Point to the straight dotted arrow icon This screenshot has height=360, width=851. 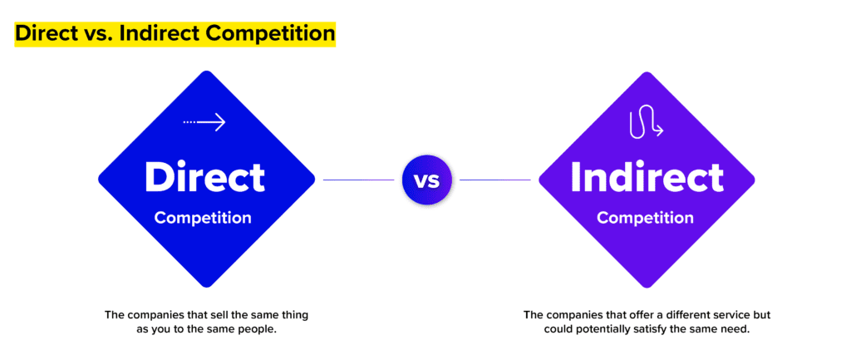click(205, 122)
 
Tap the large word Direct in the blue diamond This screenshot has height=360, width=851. click(204, 177)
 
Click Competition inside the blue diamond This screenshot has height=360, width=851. click(203, 218)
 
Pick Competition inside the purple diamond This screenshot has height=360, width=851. click(645, 218)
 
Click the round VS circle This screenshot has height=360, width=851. click(426, 179)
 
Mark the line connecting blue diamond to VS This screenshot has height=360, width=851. click(358, 180)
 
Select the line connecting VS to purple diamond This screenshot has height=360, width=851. click(495, 180)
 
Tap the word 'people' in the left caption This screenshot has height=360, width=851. click(257, 329)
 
